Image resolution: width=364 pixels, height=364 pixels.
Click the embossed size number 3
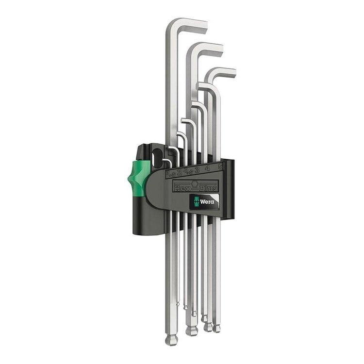tap(196, 169)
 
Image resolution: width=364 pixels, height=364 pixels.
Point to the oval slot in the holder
tap(157, 157)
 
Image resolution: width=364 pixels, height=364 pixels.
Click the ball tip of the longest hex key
tap(171, 340)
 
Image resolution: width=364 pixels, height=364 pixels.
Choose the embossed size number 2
tap(180, 171)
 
